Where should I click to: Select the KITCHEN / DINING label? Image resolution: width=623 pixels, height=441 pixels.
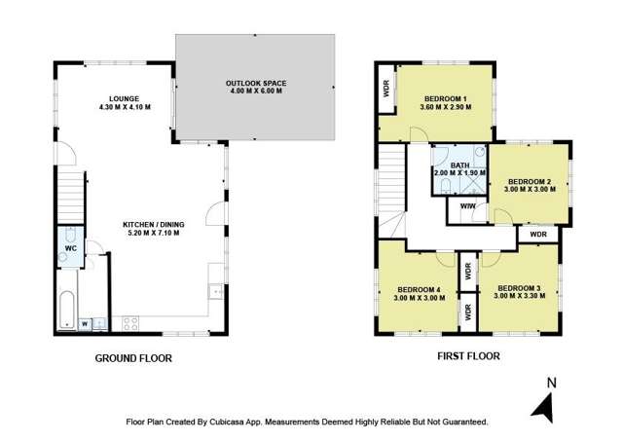tap(153, 224)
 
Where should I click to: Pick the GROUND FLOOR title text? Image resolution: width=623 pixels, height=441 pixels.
tap(133, 358)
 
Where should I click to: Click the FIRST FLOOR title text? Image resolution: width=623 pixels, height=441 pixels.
tap(468, 356)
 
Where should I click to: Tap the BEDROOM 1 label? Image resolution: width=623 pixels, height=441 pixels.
tap(446, 98)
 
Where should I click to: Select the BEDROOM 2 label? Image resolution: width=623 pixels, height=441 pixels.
tap(531, 181)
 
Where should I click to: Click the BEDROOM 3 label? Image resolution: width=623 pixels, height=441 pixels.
tap(518, 288)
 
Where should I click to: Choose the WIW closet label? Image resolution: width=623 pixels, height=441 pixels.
tap(467, 205)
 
